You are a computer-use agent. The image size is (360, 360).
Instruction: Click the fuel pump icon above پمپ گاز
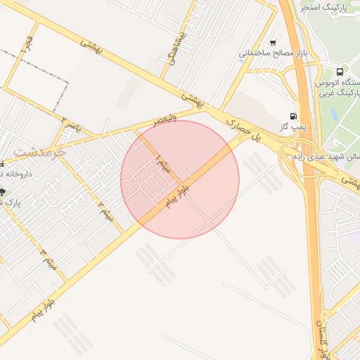[x=292, y=116]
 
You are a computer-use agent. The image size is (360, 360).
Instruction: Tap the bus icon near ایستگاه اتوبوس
[x=340, y=72]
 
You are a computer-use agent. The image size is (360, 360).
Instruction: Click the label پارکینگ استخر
[x=326, y=7]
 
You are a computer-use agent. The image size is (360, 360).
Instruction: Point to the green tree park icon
[x=3, y=192]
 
